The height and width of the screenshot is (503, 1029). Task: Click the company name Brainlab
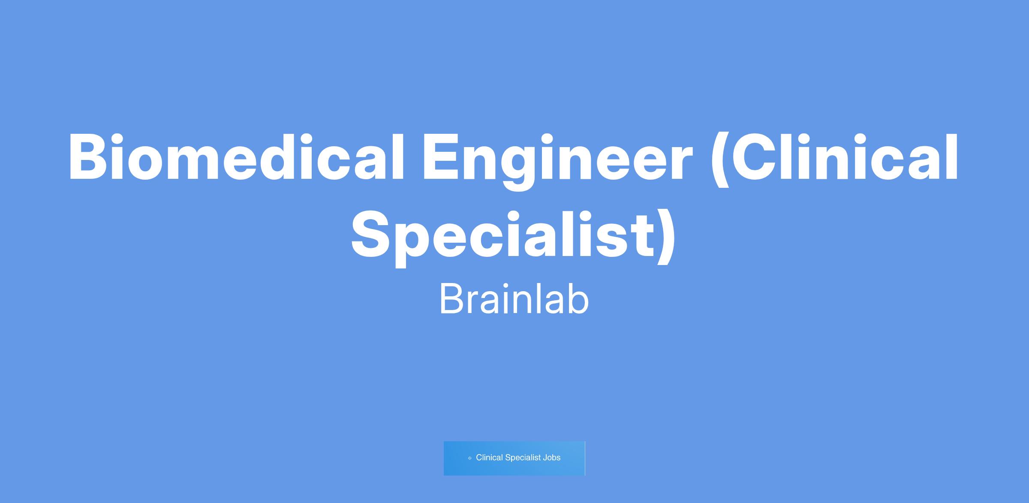pos(514,300)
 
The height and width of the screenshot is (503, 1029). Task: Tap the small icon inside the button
pos(470,458)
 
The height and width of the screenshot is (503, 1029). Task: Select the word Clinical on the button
pos(489,458)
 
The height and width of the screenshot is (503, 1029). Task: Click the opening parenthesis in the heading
pos(720,160)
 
